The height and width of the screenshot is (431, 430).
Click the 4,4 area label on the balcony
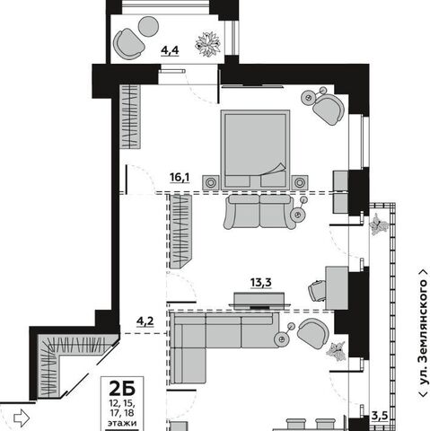tap(170, 50)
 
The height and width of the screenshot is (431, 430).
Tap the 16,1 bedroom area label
tap(180, 178)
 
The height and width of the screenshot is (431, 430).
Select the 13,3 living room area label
tap(261, 282)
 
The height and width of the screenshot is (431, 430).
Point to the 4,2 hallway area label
tap(145, 321)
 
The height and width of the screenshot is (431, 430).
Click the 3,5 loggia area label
tap(380, 416)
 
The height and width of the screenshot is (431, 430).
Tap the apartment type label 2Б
tap(122, 388)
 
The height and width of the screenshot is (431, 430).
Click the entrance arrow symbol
tap(22, 418)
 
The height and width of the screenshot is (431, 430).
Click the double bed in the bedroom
tap(255, 150)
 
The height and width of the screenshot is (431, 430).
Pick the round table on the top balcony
tap(148, 26)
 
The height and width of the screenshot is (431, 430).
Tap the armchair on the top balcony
tap(128, 44)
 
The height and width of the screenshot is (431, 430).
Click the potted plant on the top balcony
tap(208, 44)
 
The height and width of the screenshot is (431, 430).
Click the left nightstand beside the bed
tap(211, 182)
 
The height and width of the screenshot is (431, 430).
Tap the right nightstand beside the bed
tap(300, 182)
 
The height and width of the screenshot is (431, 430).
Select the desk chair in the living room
tap(316, 291)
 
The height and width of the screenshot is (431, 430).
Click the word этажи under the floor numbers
tap(122, 423)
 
